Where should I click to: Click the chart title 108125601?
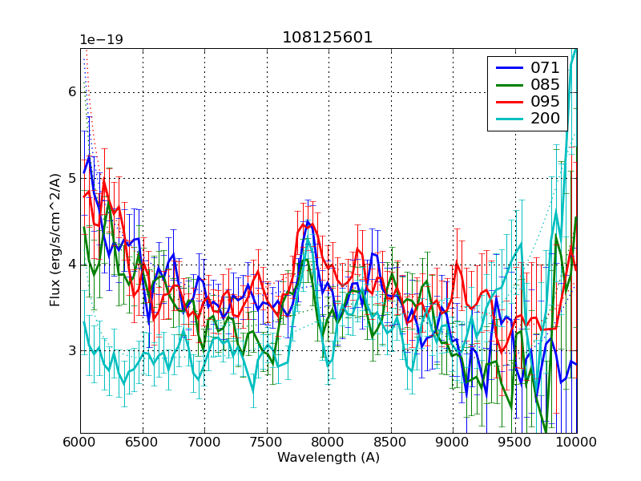click(328, 38)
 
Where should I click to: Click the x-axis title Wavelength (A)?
click(328, 458)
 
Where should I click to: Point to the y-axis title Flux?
click(54, 240)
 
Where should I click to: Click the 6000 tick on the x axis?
click(80, 443)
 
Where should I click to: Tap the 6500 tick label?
click(143, 443)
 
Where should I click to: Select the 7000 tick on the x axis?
click(204, 443)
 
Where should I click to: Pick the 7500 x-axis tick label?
click(267, 443)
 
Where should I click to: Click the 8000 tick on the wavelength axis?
click(329, 443)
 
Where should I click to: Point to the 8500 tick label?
click(391, 443)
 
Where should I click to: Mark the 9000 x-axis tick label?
click(453, 443)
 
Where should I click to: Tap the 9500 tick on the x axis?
click(515, 443)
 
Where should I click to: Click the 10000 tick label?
click(575, 443)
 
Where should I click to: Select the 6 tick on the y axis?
click(71, 92)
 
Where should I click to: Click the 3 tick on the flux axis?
click(71, 351)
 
